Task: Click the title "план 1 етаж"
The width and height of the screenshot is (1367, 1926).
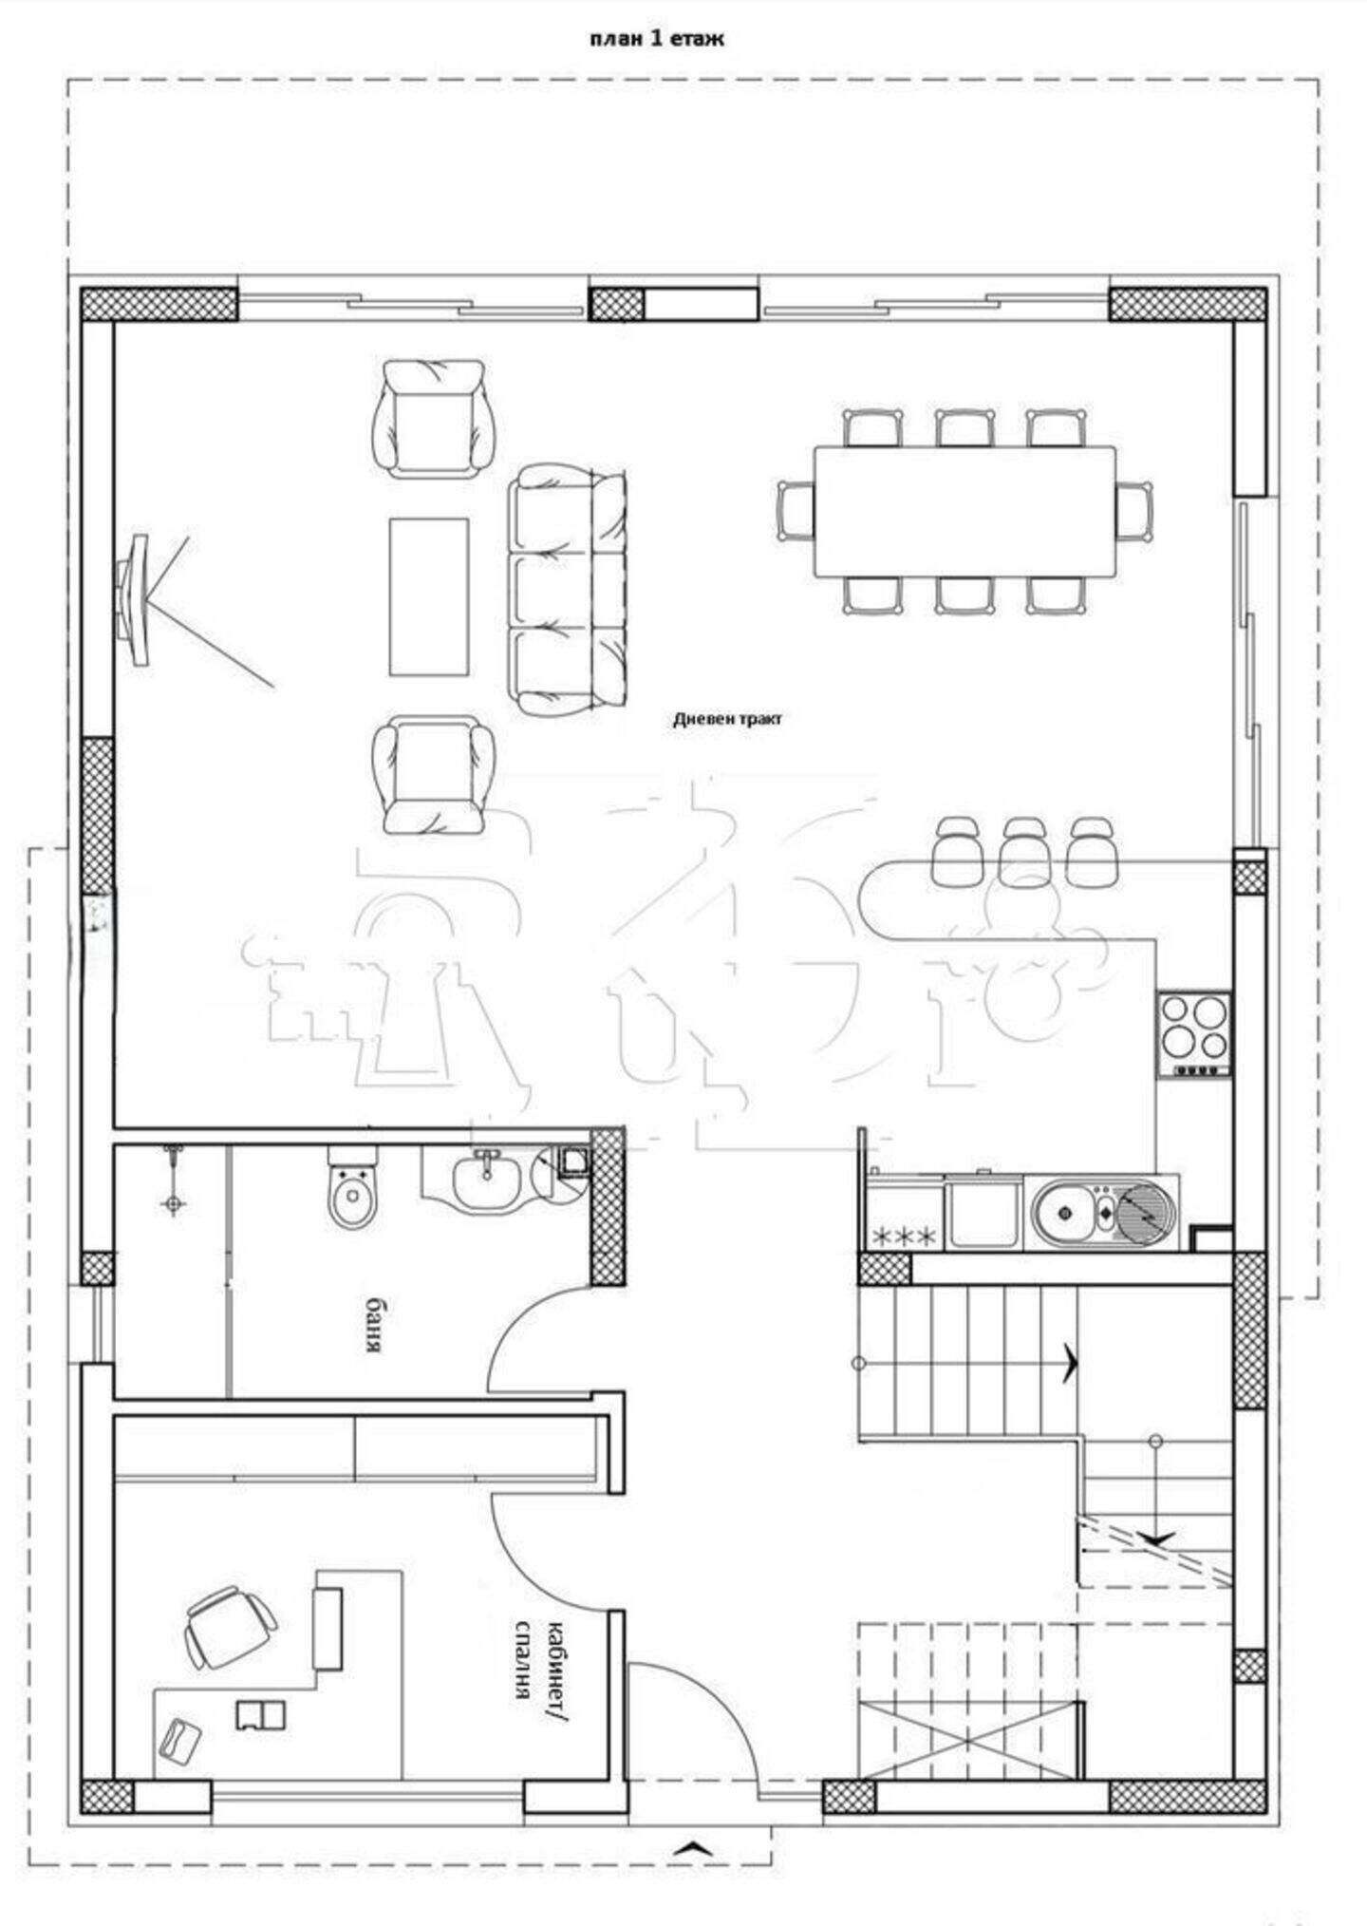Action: click(656, 39)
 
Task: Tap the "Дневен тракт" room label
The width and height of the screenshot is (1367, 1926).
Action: click(728, 719)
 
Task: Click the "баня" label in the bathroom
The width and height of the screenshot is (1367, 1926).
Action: click(376, 1324)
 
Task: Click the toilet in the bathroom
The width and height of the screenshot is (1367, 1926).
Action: click(352, 1187)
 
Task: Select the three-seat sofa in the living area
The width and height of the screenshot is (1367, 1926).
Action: click(569, 589)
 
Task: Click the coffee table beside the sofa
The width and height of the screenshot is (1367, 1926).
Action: click(429, 596)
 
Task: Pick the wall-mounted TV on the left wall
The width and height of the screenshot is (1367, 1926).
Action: click(133, 599)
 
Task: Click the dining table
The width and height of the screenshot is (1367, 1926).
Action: click(964, 511)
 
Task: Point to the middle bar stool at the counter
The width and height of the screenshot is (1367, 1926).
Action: click(1024, 851)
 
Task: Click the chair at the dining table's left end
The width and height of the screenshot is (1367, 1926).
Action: click(796, 511)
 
